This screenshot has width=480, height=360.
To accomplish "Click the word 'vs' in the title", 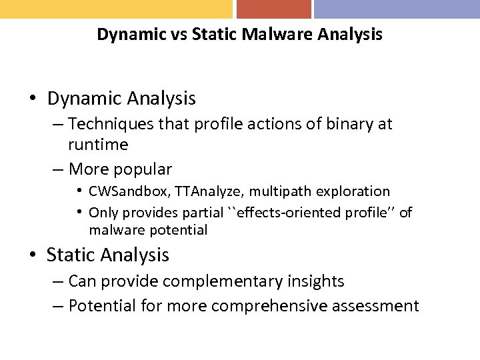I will point(178,34).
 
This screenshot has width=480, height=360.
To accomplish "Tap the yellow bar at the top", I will point(116,9).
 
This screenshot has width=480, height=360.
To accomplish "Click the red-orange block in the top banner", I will point(273,9).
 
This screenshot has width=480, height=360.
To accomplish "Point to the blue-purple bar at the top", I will point(397,9).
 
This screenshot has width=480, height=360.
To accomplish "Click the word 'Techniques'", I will point(111,124).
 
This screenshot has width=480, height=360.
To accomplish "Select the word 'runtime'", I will point(98,145).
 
